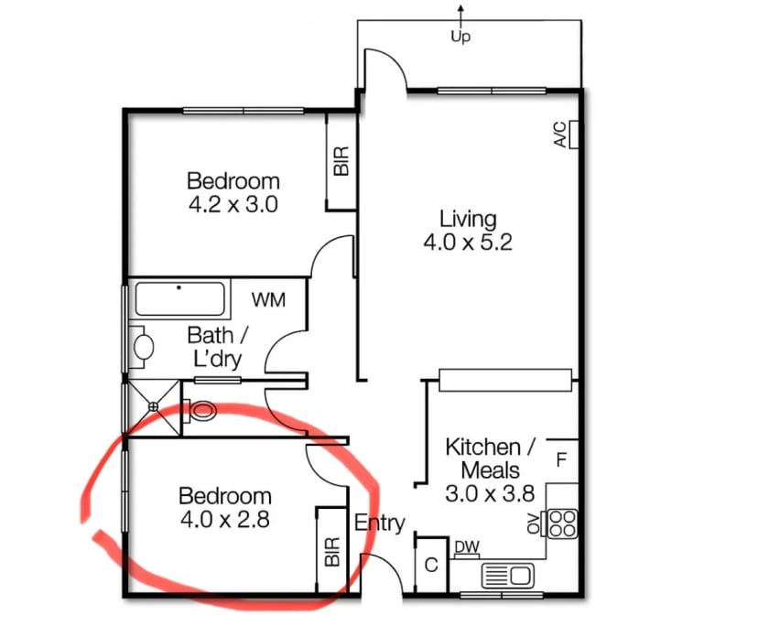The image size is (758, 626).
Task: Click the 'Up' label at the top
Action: tap(460, 38)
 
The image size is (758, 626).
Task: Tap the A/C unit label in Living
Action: tap(558, 135)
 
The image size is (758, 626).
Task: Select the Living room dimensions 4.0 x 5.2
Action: tap(468, 243)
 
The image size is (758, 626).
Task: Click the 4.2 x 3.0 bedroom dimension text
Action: tap(233, 203)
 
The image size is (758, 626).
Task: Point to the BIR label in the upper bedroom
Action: tap(341, 164)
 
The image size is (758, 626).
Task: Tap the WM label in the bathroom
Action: tap(268, 298)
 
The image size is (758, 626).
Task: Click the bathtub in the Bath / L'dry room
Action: tap(179, 299)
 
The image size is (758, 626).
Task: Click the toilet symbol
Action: tap(201, 411)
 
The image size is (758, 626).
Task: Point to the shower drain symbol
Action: tap(154, 405)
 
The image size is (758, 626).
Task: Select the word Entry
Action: tap(379, 523)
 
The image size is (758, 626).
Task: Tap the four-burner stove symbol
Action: tap(562, 523)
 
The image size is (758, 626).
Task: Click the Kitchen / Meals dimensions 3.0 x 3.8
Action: tap(482, 493)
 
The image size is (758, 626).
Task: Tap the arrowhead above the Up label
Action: tap(460, 9)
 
